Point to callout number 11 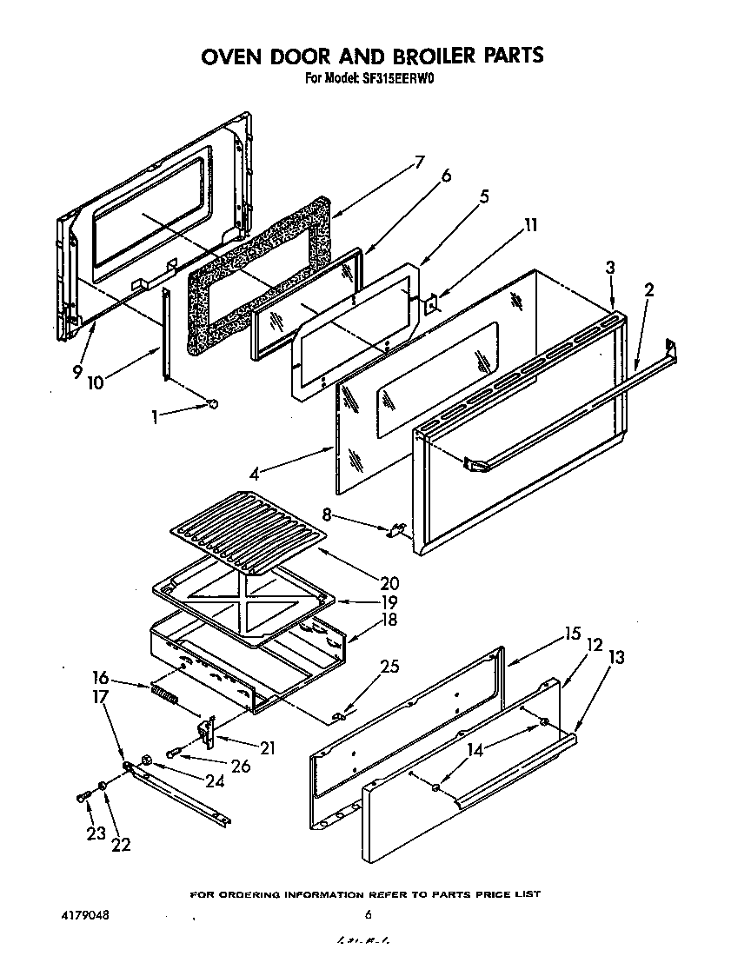pos(531,226)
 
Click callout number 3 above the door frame pos(611,269)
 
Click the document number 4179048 pos(85,914)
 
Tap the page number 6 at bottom pos(369,914)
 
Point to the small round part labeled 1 pos(213,403)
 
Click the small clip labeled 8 pos(397,528)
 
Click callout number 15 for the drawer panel pos(571,634)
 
